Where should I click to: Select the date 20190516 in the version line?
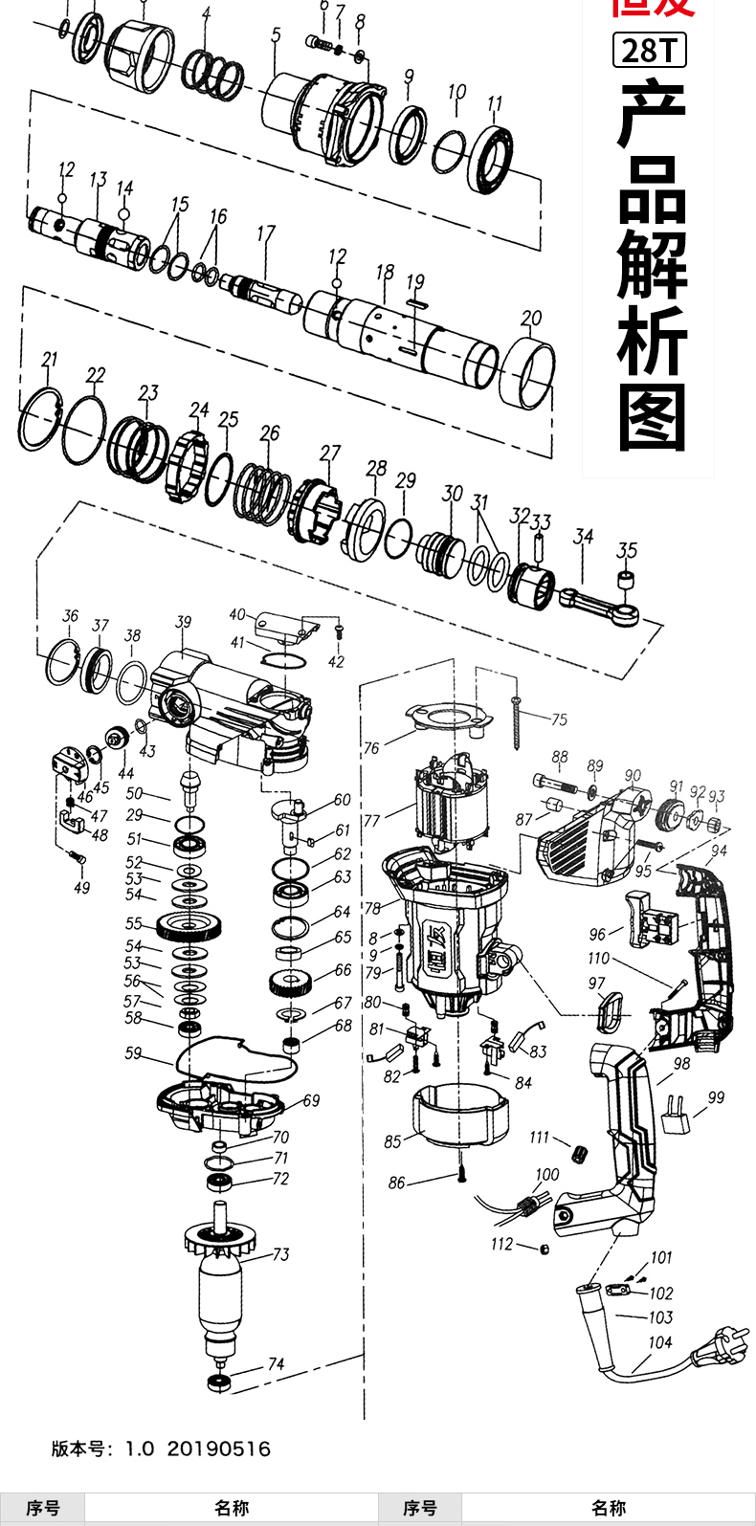point(218,1449)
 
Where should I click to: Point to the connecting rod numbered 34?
point(598,604)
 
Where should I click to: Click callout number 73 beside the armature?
point(280,1254)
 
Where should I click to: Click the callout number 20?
point(531,318)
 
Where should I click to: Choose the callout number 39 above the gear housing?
point(183,623)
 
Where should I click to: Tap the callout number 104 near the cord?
point(660,1342)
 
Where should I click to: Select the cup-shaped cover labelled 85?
point(457,1115)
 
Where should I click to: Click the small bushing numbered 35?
point(627,580)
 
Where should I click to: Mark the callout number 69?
point(311,1101)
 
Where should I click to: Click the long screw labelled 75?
point(518,718)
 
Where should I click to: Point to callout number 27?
point(330,453)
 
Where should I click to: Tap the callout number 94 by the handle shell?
point(719,851)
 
